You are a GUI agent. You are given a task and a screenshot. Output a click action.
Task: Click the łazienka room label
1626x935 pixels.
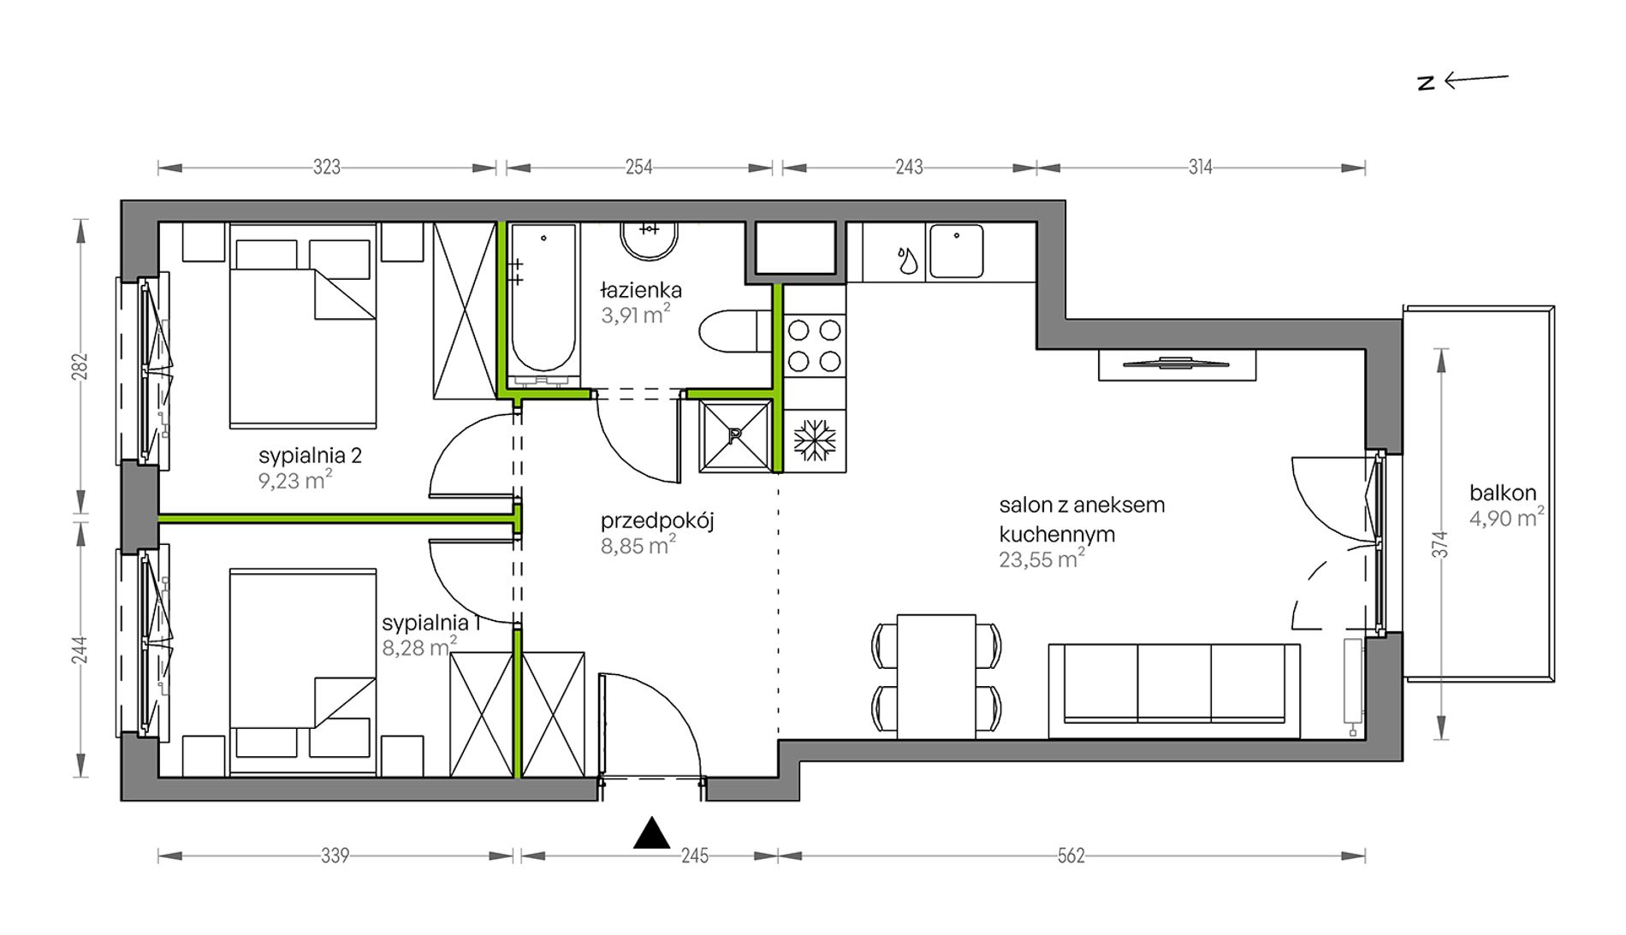pos(641,291)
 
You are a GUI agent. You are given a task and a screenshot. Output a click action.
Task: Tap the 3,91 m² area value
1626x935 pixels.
pos(635,315)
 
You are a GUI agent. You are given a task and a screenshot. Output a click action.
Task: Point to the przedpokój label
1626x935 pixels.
pos(657,521)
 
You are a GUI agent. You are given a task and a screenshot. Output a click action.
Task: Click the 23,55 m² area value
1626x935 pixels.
pos(1042,559)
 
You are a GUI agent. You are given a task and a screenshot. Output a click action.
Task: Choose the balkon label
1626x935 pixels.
pos(1503,493)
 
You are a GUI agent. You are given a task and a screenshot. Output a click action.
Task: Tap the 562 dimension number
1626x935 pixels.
pos(1071,855)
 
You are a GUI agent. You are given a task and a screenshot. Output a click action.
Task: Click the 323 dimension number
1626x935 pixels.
pos(327,167)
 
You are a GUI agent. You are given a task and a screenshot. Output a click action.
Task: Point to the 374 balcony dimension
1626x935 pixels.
pos(1441,545)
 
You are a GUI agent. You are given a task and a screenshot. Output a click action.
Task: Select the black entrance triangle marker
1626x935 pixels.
pos(651,834)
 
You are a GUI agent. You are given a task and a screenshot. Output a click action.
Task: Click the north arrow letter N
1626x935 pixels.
pos(1426,83)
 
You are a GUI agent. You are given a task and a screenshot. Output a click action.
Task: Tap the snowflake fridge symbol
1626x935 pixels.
pos(814,441)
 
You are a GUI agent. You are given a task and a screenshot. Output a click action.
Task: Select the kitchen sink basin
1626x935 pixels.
pos(956,251)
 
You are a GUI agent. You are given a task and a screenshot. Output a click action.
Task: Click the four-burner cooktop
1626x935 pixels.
pos(814,346)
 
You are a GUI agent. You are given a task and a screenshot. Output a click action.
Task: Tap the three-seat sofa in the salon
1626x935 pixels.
pos(1174,690)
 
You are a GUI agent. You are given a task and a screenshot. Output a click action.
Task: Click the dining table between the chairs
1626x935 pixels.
pos(936,676)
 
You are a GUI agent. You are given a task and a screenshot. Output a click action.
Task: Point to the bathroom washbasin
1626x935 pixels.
pos(650,240)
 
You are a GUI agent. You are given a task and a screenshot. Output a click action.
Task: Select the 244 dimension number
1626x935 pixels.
pos(80,649)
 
